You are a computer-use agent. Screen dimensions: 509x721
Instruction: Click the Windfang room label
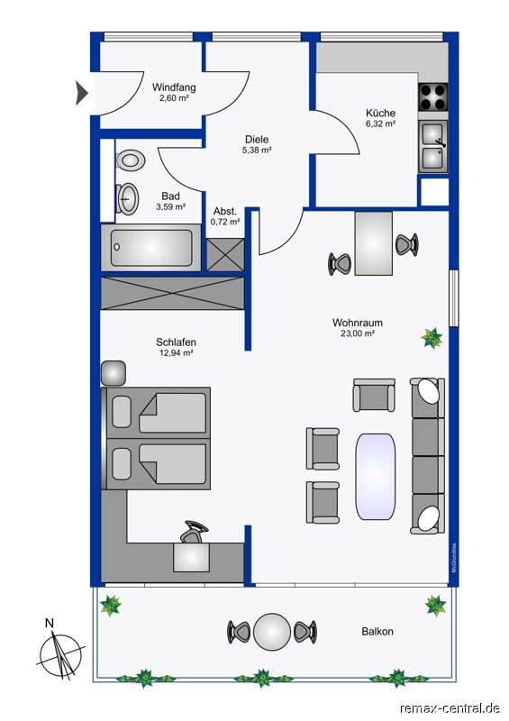(174, 87)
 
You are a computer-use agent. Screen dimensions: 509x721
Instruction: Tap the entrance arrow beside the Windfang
(81, 94)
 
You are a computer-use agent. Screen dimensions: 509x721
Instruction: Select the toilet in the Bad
(131, 160)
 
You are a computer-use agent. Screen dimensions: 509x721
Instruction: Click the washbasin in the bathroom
(127, 198)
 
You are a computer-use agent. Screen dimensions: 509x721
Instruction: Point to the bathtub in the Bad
(150, 247)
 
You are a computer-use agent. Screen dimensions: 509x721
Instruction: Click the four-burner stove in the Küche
(432, 96)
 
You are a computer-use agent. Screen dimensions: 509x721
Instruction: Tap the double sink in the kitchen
(432, 146)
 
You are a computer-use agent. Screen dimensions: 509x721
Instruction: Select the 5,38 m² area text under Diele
(257, 150)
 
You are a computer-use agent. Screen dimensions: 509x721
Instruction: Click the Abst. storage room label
(225, 212)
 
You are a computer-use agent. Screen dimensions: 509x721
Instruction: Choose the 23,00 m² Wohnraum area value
(358, 333)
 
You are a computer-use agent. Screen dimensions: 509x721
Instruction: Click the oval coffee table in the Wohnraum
(375, 477)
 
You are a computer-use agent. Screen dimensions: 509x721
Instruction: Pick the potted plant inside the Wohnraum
(432, 338)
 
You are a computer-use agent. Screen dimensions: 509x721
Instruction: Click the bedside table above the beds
(114, 373)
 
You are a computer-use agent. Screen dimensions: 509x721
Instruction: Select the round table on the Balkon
(272, 632)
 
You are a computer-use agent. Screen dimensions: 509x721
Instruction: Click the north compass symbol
(60, 655)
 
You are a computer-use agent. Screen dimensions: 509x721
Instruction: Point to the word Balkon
(377, 632)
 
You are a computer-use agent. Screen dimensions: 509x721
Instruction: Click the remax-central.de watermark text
(450, 708)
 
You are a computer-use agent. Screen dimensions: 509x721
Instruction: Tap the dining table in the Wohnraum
(373, 243)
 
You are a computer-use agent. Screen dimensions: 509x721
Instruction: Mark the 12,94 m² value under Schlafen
(176, 353)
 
